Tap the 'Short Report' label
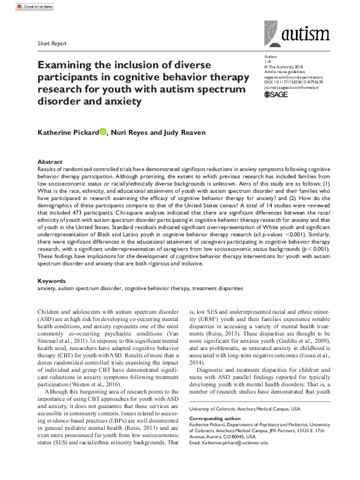[x=53, y=44]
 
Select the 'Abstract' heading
[x=50, y=162]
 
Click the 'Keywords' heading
[x=52, y=282]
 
